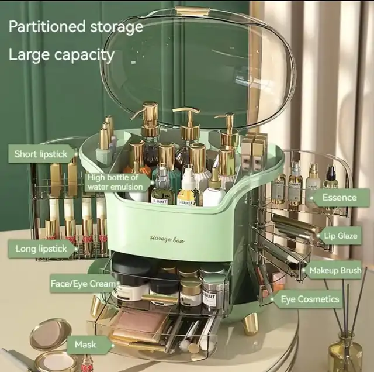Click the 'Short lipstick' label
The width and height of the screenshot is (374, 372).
(x=41, y=154)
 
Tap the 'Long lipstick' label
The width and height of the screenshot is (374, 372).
(x=41, y=249)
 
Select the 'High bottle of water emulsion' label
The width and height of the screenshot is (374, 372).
(x=116, y=182)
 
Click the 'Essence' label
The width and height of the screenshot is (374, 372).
(x=340, y=198)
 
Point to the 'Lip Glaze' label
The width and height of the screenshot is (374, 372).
(x=340, y=236)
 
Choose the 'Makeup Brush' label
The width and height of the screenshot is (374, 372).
(x=334, y=270)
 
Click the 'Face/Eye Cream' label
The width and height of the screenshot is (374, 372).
(x=84, y=284)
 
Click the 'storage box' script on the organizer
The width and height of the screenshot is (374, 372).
(x=167, y=239)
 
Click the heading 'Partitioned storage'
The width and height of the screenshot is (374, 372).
(x=76, y=26)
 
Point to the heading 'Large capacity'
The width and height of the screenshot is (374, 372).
(x=61, y=55)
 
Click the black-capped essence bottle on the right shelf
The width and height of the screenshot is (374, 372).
(x=331, y=177)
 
